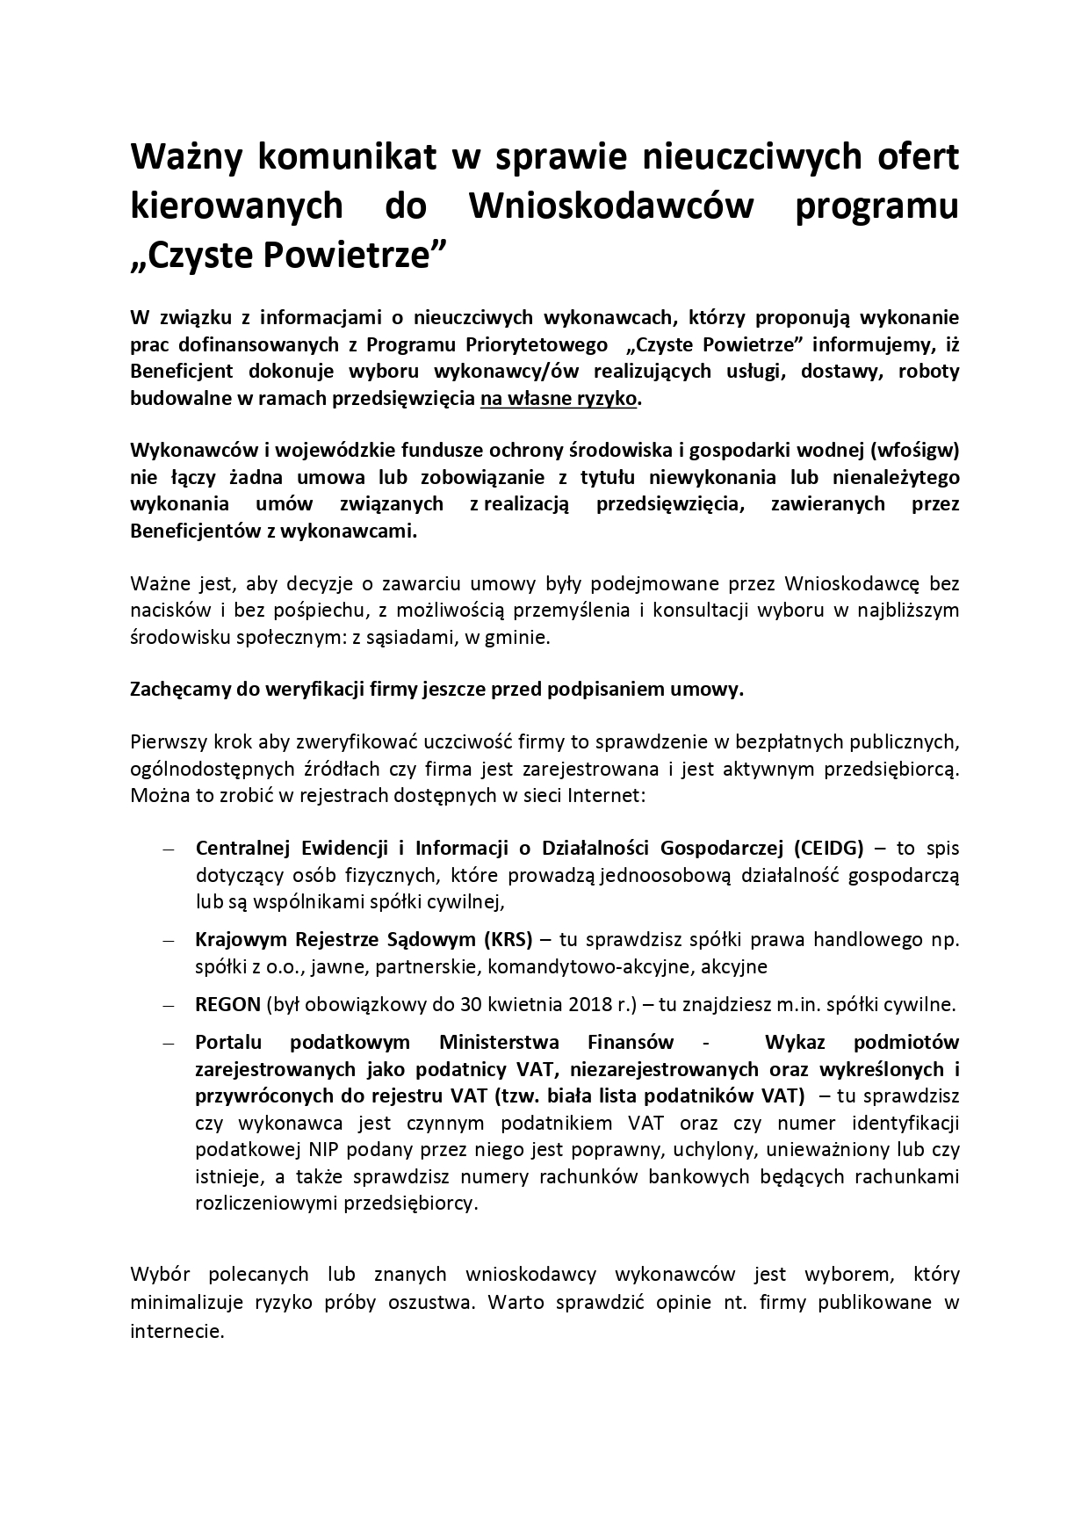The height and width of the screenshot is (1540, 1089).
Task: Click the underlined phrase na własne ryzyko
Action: (x=559, y=398)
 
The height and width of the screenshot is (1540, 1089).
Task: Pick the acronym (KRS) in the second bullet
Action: (x=508, y=940)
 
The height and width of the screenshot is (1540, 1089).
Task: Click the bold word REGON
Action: (x=227, y=1004)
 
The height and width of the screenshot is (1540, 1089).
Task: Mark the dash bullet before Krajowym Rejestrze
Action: (x=169, y=941)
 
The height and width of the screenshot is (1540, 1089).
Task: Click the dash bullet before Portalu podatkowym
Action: (x=169, y=1044)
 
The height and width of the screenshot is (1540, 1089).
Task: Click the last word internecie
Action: (x=176, y=1331)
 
